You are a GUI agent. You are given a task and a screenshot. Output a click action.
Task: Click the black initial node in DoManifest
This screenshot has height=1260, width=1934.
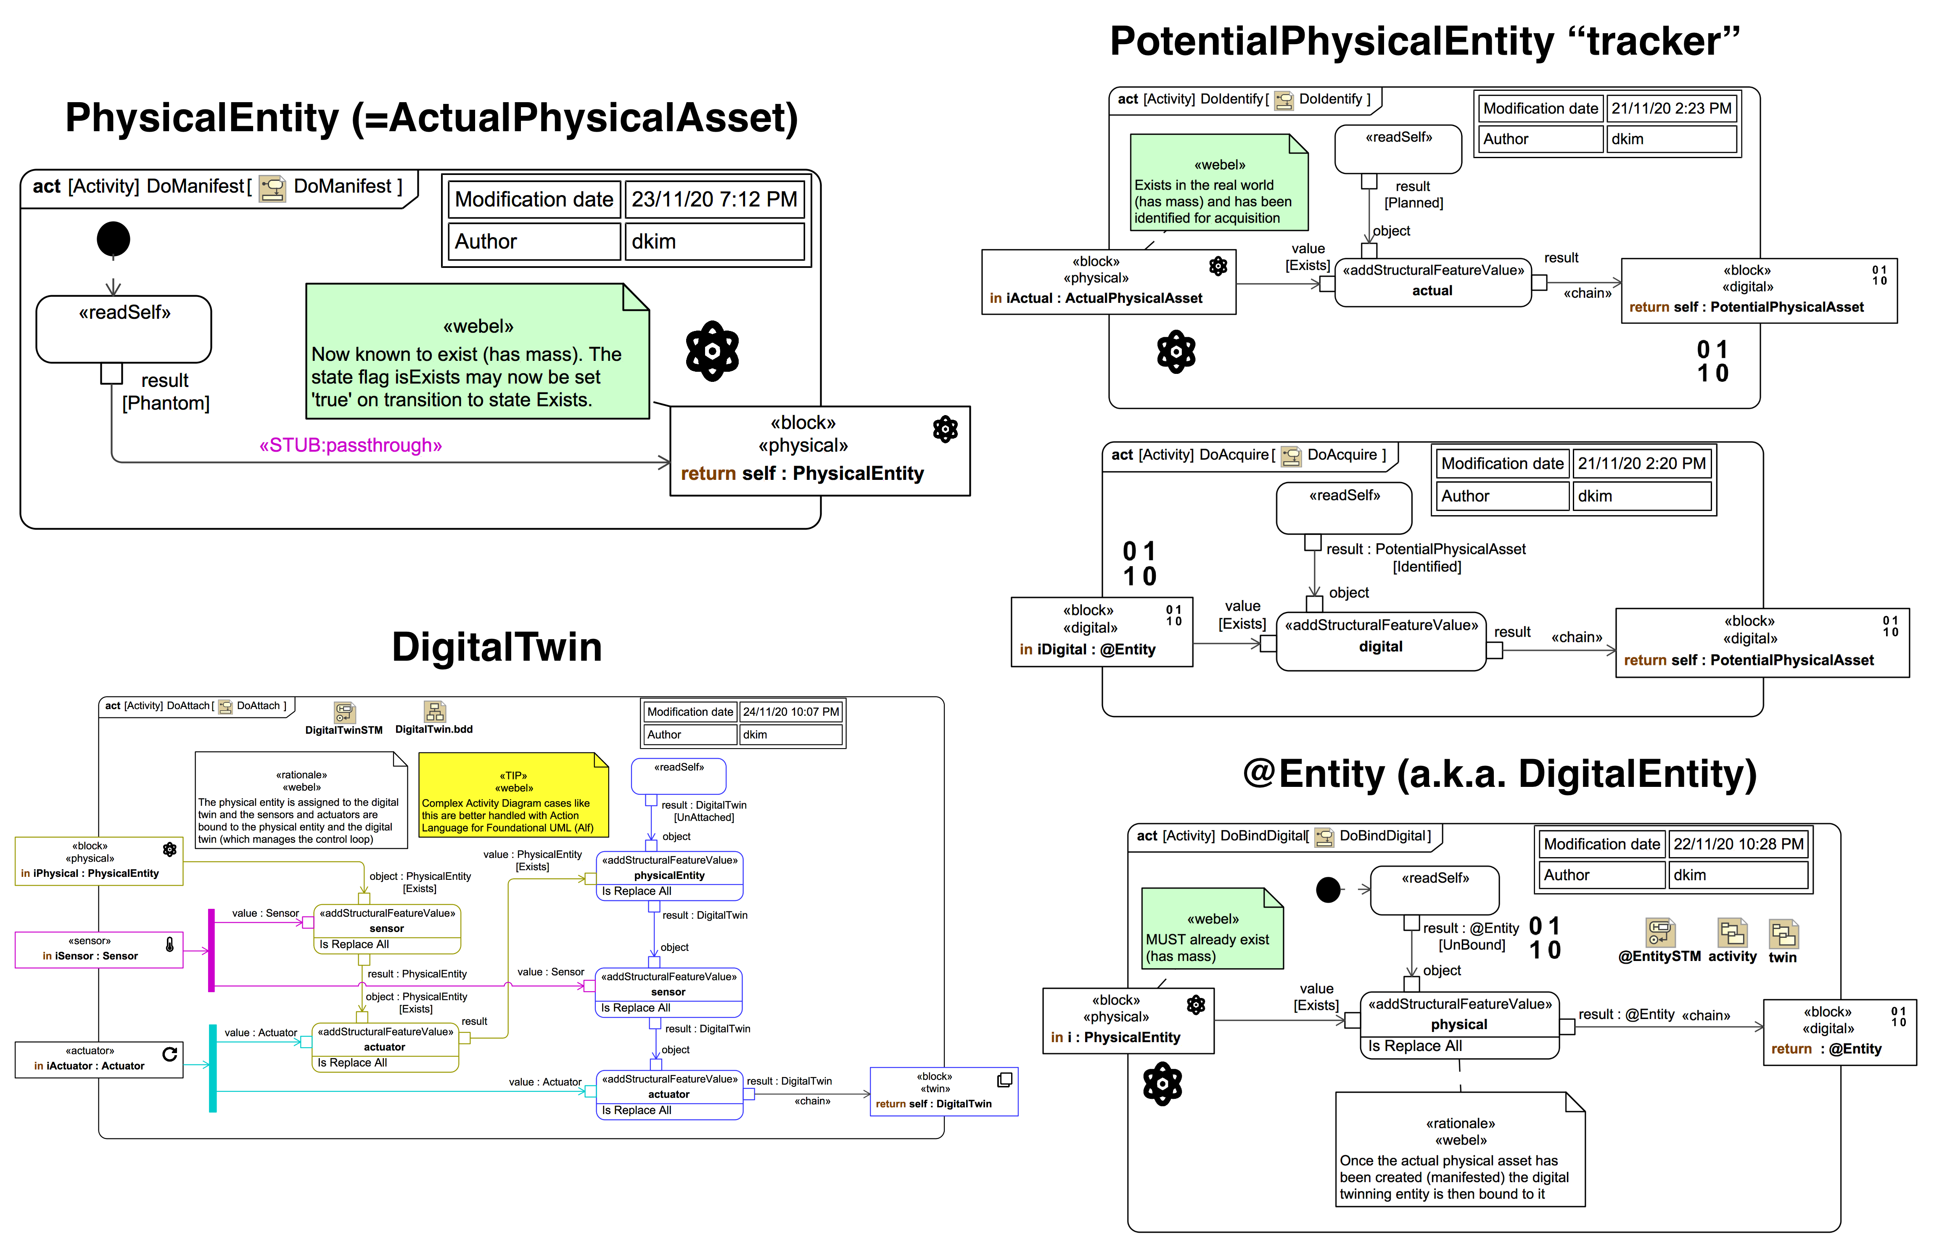point(113,239)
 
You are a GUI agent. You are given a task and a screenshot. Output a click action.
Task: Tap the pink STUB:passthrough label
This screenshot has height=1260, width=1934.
point(350,445)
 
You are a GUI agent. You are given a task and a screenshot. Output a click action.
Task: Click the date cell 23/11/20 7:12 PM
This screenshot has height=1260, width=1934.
point(714,199)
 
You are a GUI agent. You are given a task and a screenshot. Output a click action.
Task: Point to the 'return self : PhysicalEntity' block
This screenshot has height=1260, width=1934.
point(819,451)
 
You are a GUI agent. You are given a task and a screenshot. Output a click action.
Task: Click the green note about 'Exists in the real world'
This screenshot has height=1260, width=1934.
point(1218,183)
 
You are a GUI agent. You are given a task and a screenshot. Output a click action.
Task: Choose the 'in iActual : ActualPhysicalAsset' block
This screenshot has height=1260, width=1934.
point(1108,281)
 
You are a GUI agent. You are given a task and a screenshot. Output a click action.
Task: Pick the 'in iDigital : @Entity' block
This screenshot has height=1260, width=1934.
point(1101,632)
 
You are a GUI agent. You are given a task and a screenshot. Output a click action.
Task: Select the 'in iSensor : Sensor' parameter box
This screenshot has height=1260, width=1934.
point(99,950)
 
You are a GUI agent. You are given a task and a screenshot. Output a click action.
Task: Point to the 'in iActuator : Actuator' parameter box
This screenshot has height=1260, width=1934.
point(99,1059)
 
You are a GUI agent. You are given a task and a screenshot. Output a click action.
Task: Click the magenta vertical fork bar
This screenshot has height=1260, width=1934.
point(211,950)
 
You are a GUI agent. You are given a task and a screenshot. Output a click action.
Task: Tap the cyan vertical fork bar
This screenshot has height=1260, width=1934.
point(213,1067)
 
